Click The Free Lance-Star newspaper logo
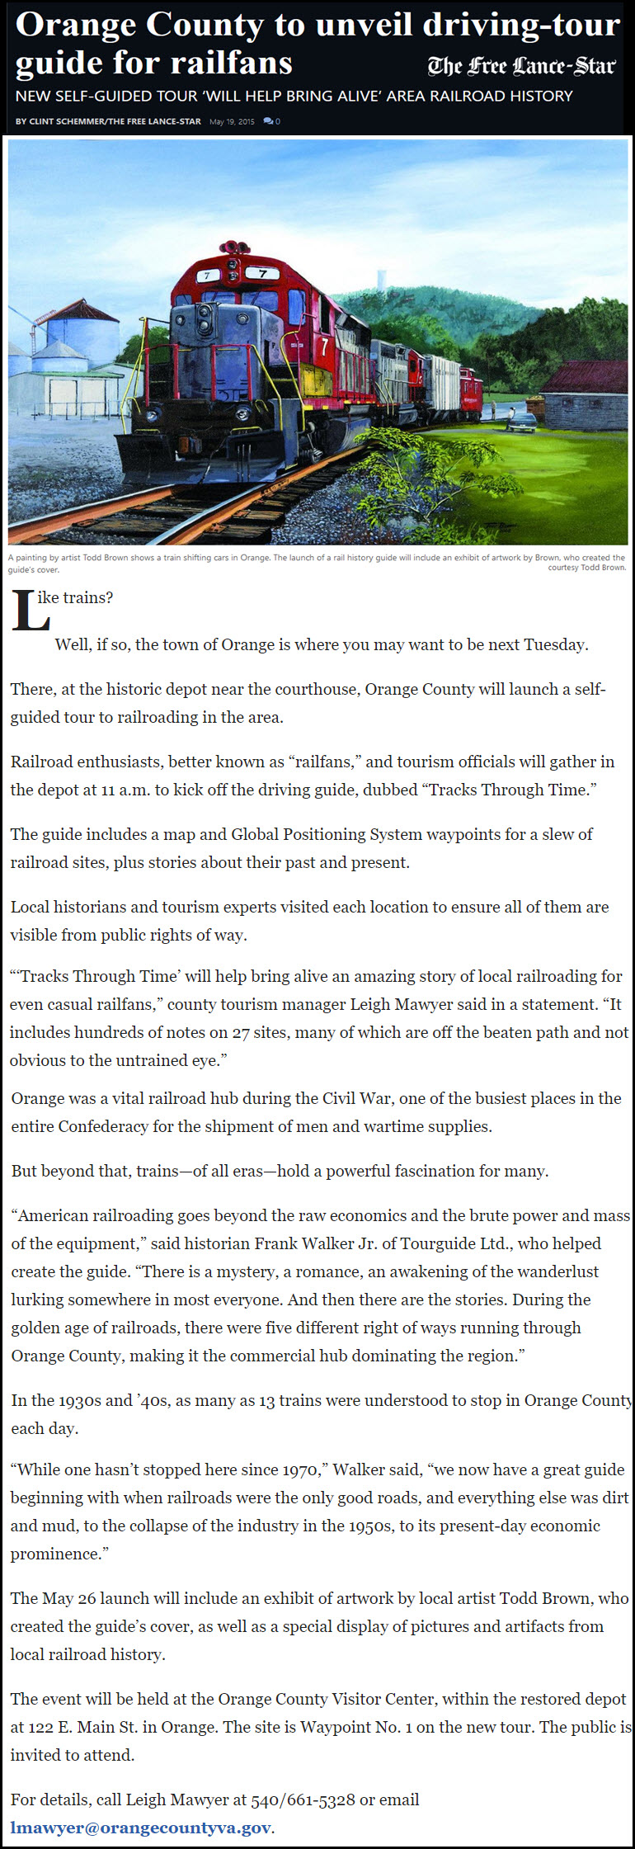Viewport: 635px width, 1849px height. tap(521, 66)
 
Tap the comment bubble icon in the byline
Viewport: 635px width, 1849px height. tap(268, 121)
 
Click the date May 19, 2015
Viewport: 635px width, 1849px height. tap(232, 121)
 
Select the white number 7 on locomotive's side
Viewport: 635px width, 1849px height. tap(324, 347)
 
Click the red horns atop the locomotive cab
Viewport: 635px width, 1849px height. tap(235, 247)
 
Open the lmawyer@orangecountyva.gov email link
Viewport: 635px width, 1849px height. tap(140, 1828)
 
